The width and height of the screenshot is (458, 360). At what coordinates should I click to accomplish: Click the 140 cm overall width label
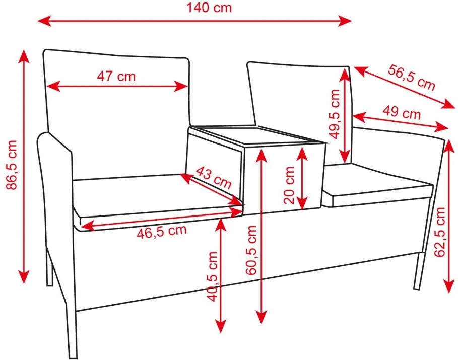point(209,7)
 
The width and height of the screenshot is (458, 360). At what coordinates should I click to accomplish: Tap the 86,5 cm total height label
point(12,165)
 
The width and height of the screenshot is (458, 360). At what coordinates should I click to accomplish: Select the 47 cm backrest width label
point(116,76)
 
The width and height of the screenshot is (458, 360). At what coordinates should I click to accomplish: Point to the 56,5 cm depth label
point(412,78)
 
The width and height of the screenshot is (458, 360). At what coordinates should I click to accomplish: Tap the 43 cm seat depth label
point(214,178)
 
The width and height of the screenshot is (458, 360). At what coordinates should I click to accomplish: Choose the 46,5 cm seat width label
point(162,231)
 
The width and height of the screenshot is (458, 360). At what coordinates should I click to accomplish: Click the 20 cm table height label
point(289,185)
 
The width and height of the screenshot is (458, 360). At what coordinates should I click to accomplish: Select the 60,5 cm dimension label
point(251,250)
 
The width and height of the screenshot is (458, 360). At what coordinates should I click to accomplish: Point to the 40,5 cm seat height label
point(212,276)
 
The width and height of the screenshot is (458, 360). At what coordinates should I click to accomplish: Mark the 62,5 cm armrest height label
point(439,232)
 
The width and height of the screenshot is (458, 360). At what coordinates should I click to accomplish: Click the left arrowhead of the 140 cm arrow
point(44,21)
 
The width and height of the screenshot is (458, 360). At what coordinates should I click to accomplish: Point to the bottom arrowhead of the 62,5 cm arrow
point(449,286)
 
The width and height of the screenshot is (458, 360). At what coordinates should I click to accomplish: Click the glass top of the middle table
point(257,134)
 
